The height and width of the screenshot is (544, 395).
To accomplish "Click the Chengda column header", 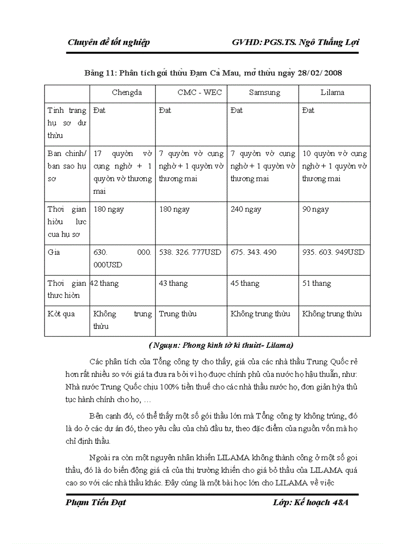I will (x=127, y=93).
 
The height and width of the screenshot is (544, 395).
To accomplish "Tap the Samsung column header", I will (x=264, y=93).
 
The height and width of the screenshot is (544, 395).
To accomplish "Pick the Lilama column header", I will (x=332, y=93).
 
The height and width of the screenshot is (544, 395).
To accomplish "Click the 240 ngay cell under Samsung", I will (x=245, y=209).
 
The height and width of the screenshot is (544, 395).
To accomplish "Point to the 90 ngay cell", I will (x=316, y=209).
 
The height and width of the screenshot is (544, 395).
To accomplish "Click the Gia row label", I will (x=54, y=252).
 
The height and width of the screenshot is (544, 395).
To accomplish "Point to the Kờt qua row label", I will (x=61, y=314).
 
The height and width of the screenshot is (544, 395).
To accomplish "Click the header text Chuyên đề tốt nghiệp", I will (x=108, y=42).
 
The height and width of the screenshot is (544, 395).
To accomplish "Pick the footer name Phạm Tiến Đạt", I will (x=95, y=502).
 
